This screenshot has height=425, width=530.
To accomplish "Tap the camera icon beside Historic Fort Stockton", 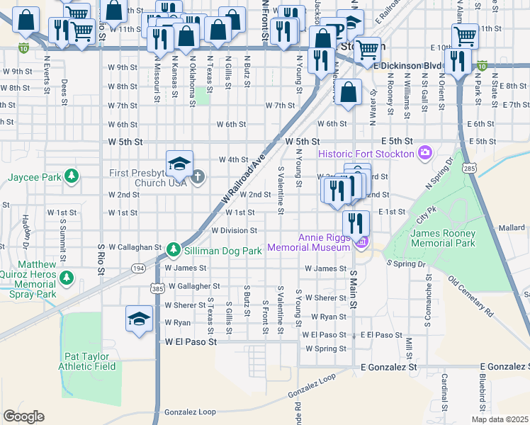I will pyautogui.click(x=425, y=153).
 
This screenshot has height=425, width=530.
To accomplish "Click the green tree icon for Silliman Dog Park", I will pyautogui.click(x=174, y=249).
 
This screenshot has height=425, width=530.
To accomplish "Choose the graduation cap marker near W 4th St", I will pyautogui.click(x=180, y=164).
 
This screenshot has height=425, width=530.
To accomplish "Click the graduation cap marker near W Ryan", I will pyautogui.click(x=139, y=319).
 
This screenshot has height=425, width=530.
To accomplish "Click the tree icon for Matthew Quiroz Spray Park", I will pyautogui.click(x=67, y=277).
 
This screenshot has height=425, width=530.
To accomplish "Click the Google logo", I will pyautogui.click(x=23, y=416).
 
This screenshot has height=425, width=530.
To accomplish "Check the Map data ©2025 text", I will pyautogui.click(x=500, y=419).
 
